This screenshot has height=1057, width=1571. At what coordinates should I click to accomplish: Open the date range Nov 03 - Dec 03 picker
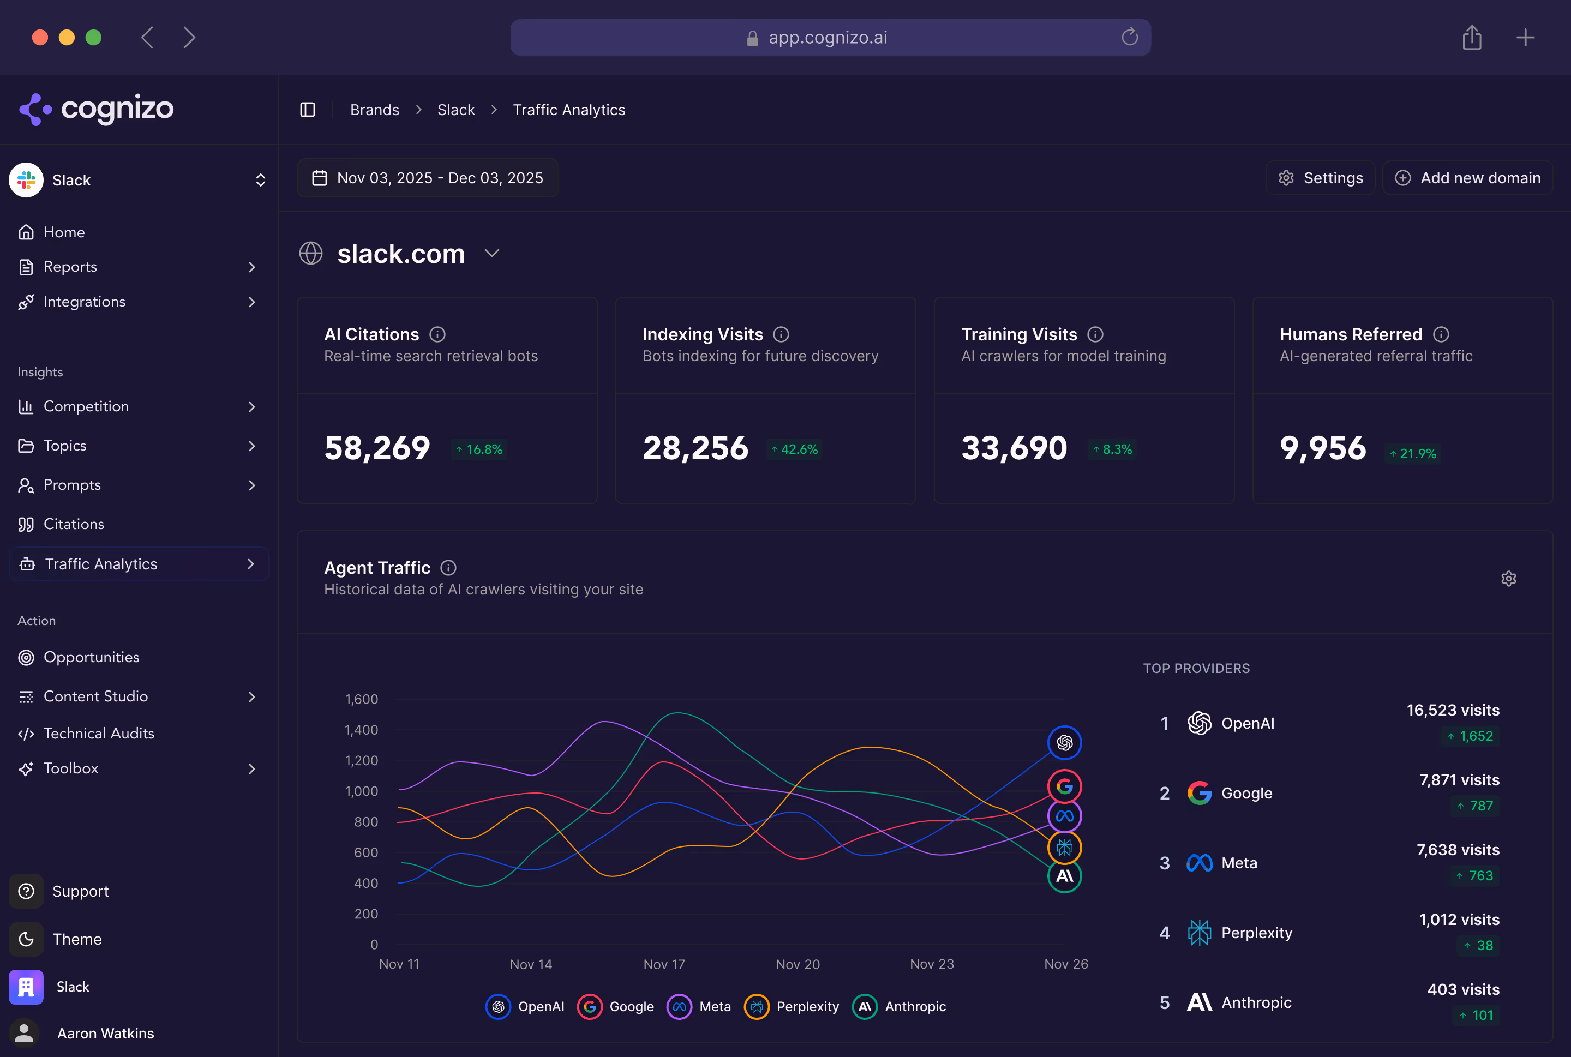point(428,178)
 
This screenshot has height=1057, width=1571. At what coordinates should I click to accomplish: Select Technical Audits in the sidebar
point(98,734)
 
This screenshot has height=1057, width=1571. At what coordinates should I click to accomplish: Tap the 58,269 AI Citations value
point(377,448)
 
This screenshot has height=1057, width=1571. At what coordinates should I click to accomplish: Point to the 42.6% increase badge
point(794,449)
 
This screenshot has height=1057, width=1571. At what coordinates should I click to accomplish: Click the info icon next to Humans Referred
point(1441,334)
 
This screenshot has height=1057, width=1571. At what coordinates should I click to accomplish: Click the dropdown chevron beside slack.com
point(492,254)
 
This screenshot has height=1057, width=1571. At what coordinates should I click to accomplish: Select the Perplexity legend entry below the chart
point(792,1006)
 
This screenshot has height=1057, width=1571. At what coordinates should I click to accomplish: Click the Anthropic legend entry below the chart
point(900,1006)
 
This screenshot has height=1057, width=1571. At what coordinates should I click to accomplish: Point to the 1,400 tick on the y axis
point(362,730)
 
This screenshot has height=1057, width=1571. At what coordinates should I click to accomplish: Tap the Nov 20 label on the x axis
point(798,964)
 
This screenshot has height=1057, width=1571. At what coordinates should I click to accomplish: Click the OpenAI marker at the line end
point(1064,743)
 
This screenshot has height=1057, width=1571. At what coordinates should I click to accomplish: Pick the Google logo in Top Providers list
point(1199,794)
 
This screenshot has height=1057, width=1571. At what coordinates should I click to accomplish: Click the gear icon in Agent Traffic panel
point(1508,579)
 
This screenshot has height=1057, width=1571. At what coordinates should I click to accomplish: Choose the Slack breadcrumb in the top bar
point(456,110)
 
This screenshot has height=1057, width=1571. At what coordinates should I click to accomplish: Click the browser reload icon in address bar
point(1129,37)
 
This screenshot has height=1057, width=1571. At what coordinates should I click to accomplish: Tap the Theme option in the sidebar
point(77,939)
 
